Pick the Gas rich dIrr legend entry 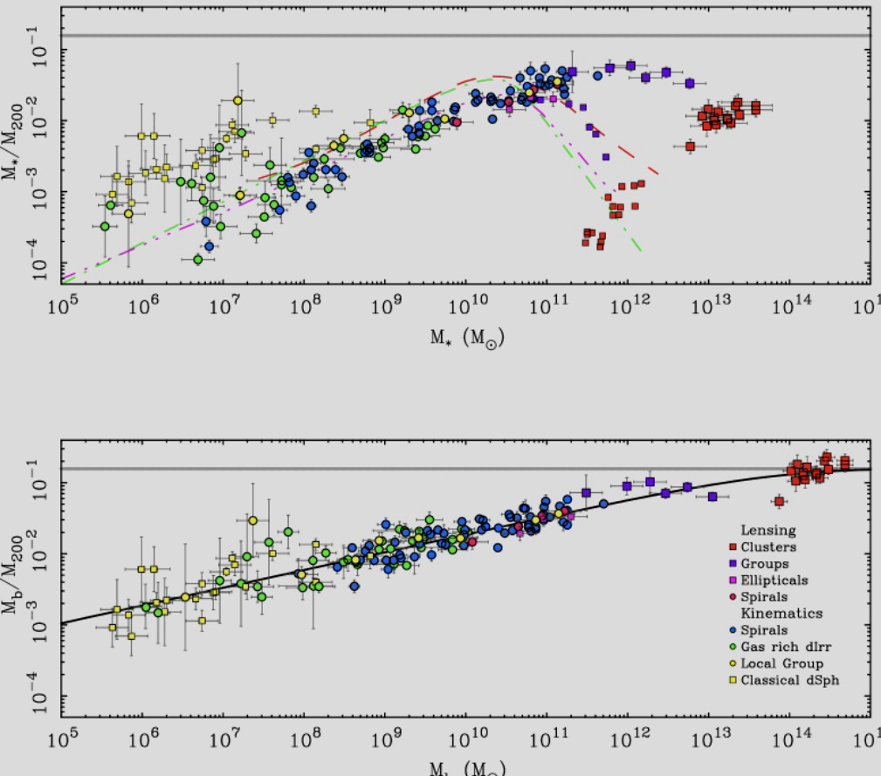[781, 647]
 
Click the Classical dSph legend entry [787, 680]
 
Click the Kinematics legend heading [781, 614]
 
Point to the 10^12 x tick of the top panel [627, 308]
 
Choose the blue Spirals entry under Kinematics [763, 630]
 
